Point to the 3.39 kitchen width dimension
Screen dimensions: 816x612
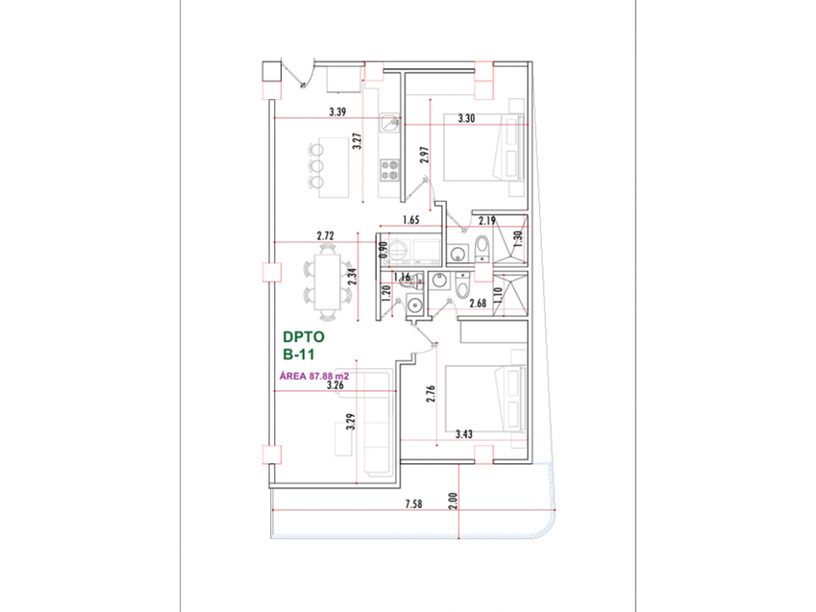(x=338, y=112)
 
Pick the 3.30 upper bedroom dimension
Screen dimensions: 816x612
(x=465, y=119)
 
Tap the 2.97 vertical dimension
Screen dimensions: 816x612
(x=424, y=156)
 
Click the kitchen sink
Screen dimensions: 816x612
(x=390, y=123)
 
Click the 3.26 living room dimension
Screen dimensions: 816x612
(x=335, y=385)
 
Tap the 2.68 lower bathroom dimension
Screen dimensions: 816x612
(x=477, y=304)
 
